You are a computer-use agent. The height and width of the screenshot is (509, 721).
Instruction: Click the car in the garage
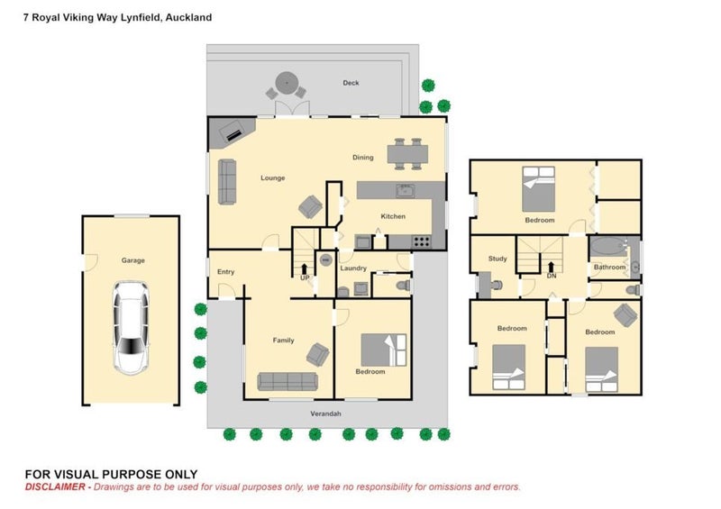tap(132, 327)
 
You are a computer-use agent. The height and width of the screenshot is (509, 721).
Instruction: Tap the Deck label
tap(351, 83)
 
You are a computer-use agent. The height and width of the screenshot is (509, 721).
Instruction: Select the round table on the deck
tap(287, 83)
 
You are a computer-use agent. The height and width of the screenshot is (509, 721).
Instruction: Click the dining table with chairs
tap(407, 154)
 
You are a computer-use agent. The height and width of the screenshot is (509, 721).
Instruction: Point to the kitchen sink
tap(405, 190)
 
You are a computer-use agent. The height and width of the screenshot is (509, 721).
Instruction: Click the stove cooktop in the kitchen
tap(421, 241)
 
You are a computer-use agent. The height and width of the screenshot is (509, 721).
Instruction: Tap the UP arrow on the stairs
tap(304, 269)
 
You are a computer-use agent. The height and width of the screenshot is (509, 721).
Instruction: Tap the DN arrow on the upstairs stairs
tap(552, 268)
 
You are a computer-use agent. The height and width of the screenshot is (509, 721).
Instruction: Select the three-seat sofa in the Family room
tap(287, 381)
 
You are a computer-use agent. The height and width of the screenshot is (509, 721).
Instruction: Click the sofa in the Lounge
tap(227, 182)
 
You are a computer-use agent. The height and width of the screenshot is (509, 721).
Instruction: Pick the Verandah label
tap(325, 414)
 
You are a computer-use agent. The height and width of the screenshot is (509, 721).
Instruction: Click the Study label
tap(497, 259)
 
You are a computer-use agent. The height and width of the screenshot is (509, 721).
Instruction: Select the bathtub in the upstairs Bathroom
tap(607, 247)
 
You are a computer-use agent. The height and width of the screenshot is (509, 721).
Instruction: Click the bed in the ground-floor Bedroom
tap(384, 350)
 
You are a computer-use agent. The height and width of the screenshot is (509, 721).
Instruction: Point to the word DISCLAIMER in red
tap(55, 487)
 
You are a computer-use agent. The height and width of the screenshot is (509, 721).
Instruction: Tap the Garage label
tap(132, 260)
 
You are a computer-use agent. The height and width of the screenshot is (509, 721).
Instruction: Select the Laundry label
tap(353, 268)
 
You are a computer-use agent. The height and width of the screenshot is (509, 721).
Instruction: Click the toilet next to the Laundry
tap(403, 286)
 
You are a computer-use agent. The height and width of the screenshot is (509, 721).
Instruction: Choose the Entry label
tap(226, 272)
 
